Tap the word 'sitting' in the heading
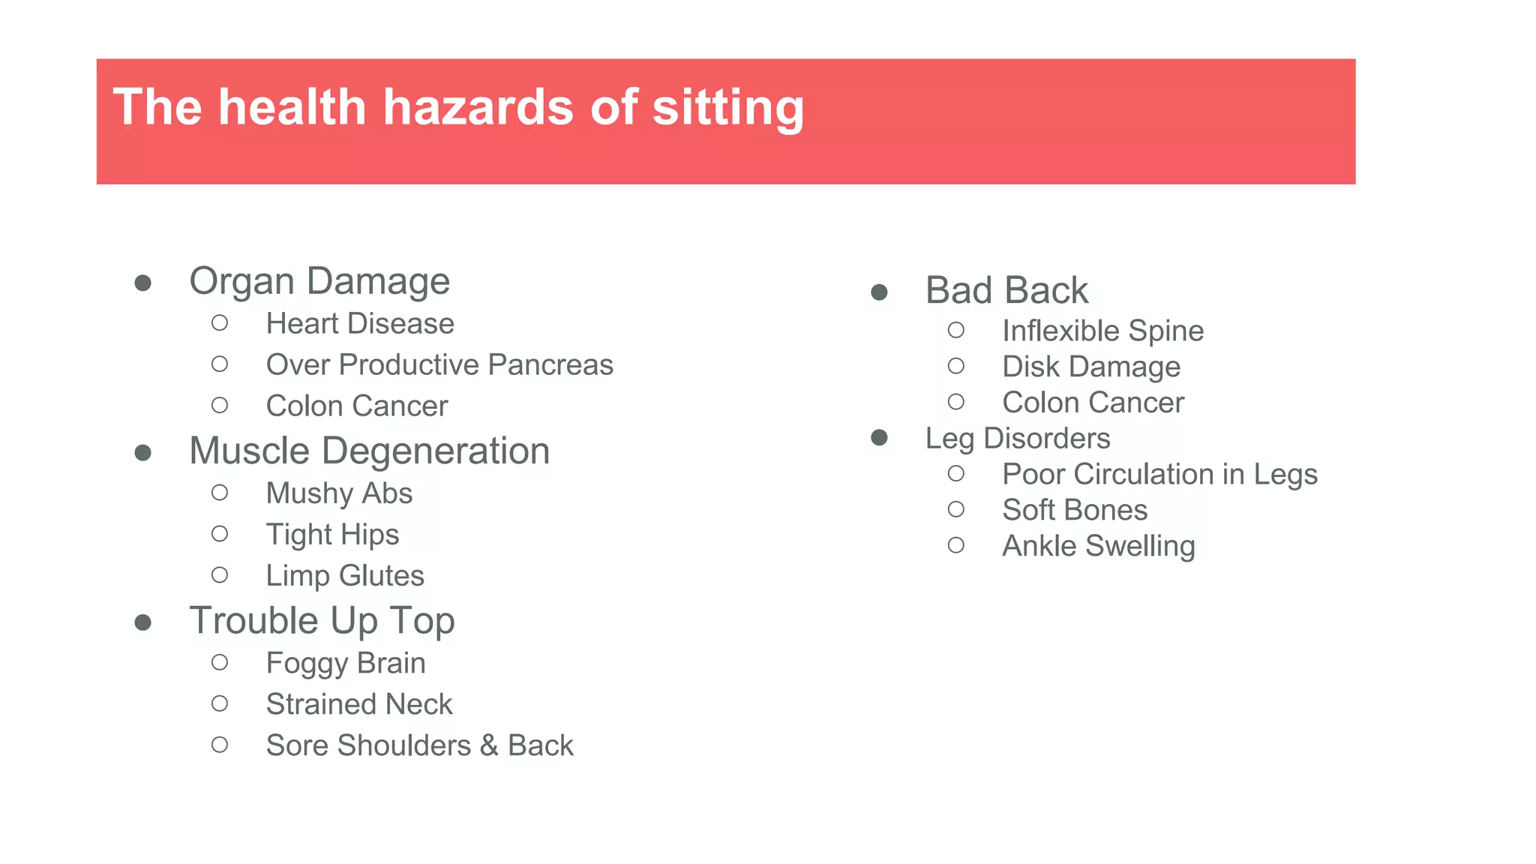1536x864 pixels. tap(727, 109)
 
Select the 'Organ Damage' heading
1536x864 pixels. tap(319, 281)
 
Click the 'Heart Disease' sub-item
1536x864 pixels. tap(360, 324)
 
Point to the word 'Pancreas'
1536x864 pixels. tap(550, 365)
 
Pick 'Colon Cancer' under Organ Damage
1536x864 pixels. tap(356, 406)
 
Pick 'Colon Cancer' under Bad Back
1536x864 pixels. tap(1093, 403)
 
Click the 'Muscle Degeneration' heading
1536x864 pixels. tap(369, 451)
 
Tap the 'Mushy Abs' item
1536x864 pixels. tap(339, 493)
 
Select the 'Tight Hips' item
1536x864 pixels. tap(332, 535)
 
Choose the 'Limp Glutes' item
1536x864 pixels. tap(345, 576)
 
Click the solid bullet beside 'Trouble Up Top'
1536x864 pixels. tap(143, 622)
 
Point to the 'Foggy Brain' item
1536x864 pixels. tap(346, 663)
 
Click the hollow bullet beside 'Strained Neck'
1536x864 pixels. tap(220, 703)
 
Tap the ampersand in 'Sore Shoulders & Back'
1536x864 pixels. tap(489, 745)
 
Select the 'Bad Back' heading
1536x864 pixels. tap(1006, 290)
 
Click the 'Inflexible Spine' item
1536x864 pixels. tap(1102, 331)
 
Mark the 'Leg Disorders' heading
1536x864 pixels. tap(1017, 439)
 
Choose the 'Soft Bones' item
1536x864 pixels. tap(1075, 510)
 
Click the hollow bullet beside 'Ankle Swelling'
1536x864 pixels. tap(956, 545)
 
